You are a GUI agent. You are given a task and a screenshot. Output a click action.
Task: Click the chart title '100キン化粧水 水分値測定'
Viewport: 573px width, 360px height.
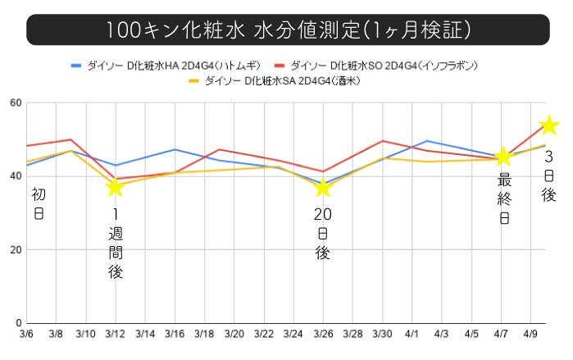click(x=287, y=30)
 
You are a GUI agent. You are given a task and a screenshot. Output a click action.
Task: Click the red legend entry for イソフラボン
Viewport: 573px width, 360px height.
click(x=376, y=65)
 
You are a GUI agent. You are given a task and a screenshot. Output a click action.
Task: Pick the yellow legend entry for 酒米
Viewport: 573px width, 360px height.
click(x=275, y=80)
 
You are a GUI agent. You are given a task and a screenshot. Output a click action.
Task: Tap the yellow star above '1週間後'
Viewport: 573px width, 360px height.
click(x=116, y=188)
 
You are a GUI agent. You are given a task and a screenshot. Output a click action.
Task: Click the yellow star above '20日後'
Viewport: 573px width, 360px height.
click(x=323, y=188)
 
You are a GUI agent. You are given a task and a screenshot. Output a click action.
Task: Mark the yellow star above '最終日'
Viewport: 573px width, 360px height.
click(x=504, y=157)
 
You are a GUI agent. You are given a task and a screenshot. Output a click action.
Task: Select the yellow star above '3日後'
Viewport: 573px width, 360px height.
click(x=549, y=125)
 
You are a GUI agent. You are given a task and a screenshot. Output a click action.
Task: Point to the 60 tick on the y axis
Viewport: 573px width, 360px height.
click(x=16, y=103)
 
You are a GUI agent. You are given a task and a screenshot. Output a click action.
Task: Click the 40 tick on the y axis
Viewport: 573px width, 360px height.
click(x=16, y=176)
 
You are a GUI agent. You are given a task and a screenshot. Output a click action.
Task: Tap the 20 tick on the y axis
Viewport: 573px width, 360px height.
click(x=16, y=249)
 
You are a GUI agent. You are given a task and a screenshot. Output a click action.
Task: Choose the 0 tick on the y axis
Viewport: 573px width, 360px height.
click(x=18, y=322)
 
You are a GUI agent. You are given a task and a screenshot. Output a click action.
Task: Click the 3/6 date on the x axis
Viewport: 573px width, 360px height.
click(x=26, y=335)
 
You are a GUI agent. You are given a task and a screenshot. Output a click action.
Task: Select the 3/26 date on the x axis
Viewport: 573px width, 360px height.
click(x=323, y=335)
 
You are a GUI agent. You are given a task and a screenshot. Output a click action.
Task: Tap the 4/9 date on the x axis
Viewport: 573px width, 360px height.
click(x=531, y=335)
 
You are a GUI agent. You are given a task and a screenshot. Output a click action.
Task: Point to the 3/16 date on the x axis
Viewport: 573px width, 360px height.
click(x=175, y=335)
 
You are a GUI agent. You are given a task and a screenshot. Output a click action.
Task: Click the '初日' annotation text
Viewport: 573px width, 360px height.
click(x=39, y=204)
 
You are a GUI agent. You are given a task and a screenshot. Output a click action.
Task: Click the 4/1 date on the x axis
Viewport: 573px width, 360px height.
click(x=412, y=335)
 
